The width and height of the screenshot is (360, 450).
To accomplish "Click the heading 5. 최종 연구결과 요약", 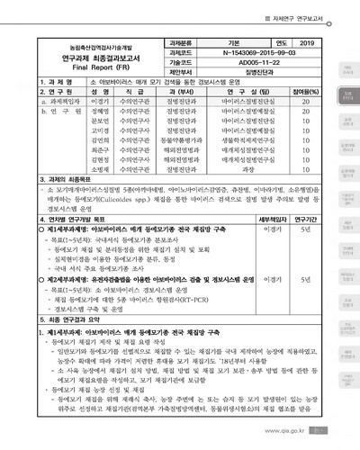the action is (65, 320).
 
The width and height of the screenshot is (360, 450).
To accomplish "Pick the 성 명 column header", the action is (76, 91).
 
